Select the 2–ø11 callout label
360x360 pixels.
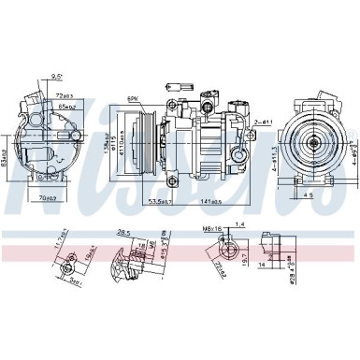(x=264, y=122)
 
